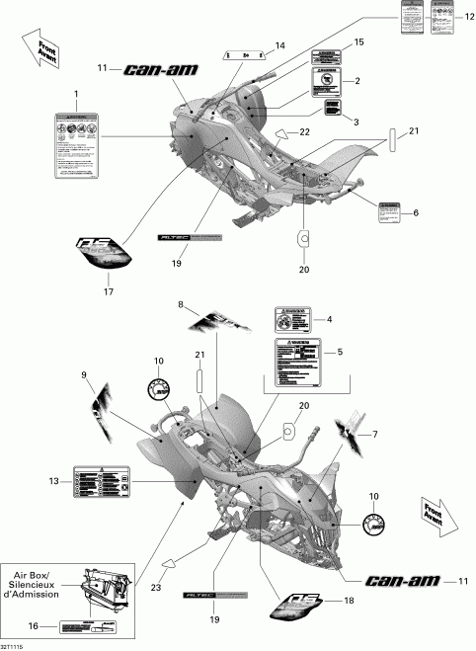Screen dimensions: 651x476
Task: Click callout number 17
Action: (109, 290)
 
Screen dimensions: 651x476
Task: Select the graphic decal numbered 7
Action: (355, 426)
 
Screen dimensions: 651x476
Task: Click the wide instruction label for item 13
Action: (104, 483)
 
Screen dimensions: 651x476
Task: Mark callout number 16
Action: (34, 626)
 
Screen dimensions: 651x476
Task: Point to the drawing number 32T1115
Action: (16, 643)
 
